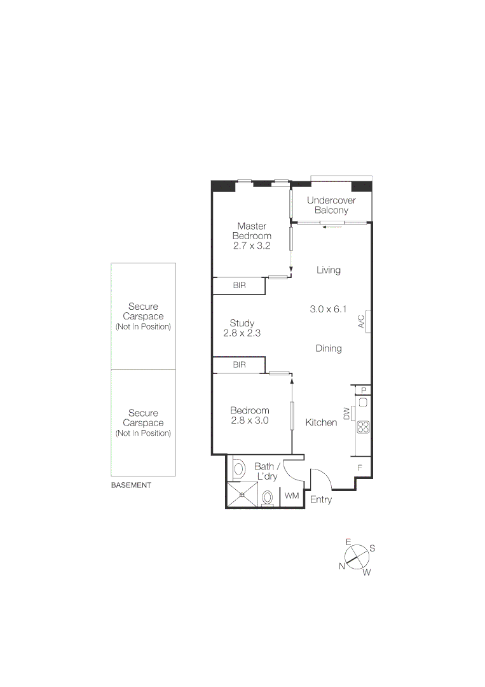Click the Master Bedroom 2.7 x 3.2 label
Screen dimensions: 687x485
pos(252,235)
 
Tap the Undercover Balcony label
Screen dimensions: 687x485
pos(331,205)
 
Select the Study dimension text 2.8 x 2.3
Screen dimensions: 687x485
pos(242,333)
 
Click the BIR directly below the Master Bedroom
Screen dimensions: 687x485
pos(239,286)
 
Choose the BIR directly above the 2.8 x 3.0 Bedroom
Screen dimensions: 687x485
pos(239,365)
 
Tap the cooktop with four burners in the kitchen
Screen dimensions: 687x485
pos(364,427)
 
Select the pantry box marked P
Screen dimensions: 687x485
pos(364,391)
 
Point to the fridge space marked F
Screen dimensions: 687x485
pos(360,468)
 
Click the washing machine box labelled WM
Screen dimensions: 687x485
pos(291,496)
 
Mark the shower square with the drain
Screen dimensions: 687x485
pos(242,496)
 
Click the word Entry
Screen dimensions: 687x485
pos(321,500)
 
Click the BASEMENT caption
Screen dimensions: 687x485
pos(131,485)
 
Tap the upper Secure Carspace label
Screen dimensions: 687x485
pos(143,316)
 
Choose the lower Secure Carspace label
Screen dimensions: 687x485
pos(143,423)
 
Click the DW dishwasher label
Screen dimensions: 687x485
pos(347,413)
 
